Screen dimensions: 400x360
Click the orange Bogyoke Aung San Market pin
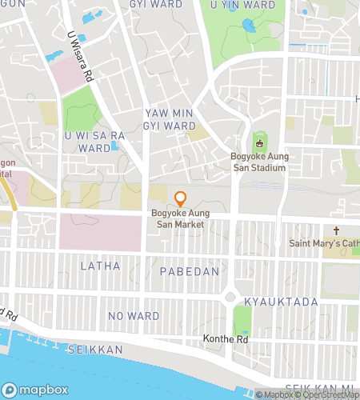coord(181,198)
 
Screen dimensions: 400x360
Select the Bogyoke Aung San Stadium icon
coord(258,144)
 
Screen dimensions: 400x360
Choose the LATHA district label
coord(101,266)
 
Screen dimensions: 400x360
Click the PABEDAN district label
coord(190,272)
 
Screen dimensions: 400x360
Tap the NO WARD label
coord(134,315)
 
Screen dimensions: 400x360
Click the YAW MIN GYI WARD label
coord(170,120)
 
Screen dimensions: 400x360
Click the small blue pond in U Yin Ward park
coord(249,26)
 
